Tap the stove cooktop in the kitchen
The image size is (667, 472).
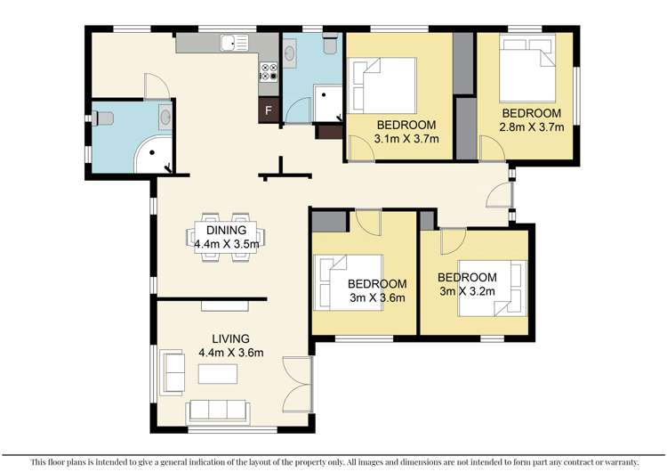(268, 76)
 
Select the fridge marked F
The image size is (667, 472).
(268, 111)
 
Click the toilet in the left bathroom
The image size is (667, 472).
(104, 118)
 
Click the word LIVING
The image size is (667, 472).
(230, 338)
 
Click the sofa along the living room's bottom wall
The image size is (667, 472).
(217, 411)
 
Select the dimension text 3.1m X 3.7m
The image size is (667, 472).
(406, 138)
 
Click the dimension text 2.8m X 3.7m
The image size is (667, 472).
(532, 127)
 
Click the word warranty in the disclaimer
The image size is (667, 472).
(619, 461)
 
